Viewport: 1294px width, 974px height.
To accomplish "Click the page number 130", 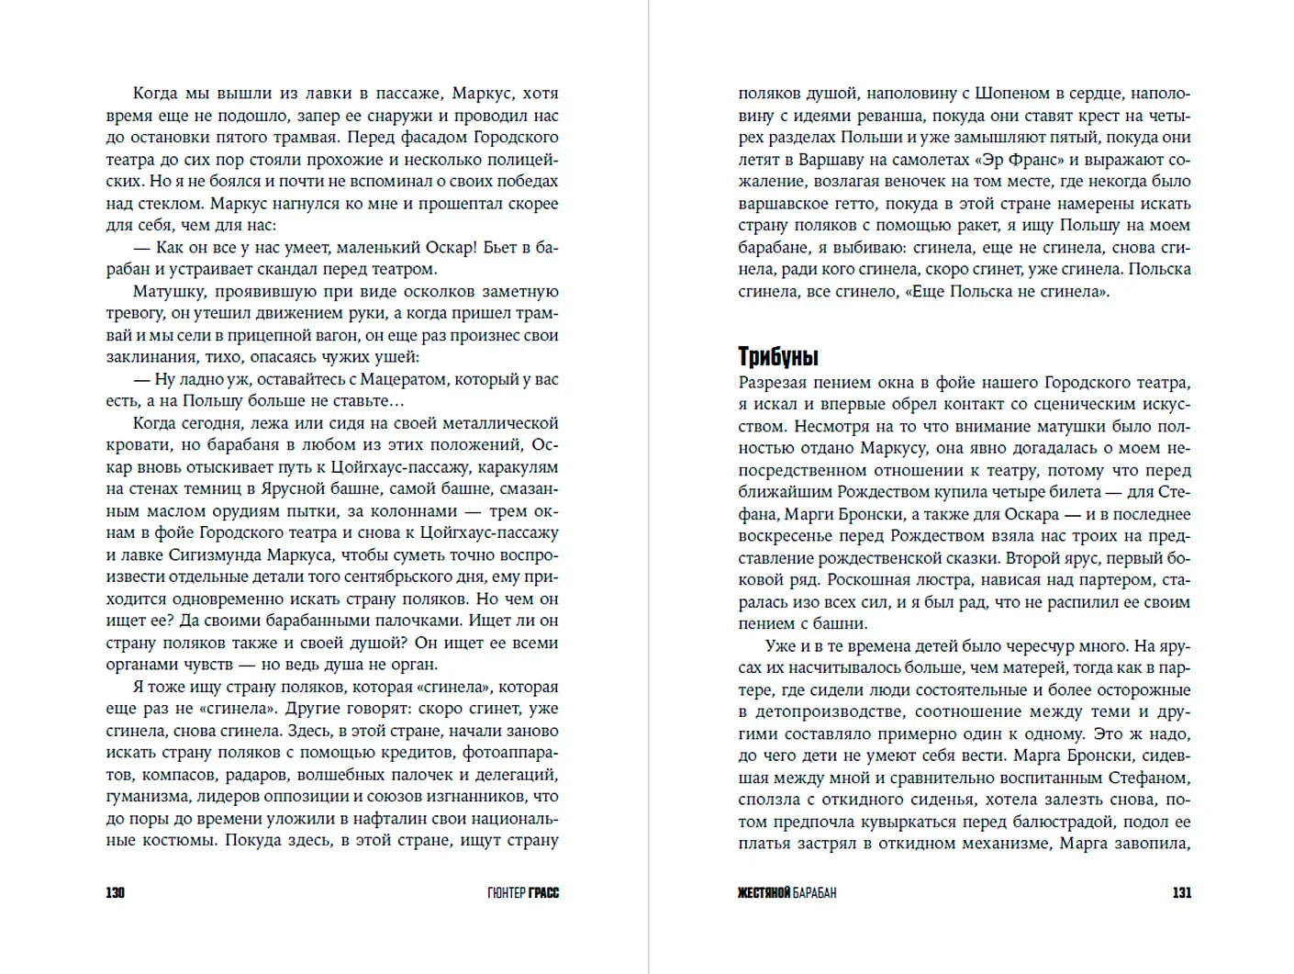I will pyautogui.click(x=115, y=892).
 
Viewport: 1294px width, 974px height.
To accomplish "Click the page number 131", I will pyautogui.click(x=1181, y=892).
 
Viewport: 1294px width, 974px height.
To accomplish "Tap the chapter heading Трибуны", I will pyautogui.click(x=778, y=357).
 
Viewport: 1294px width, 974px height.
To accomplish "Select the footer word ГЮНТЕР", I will pyautogui.click(x=506, y=892).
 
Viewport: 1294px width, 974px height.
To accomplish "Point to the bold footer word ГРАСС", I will pyautogui.click(x=544, y=892).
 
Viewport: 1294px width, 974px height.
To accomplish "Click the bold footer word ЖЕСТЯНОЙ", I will pyautogui.click(x=764, y=892).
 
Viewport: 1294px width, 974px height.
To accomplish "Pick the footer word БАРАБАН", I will pyautogui.click(x=815, y=892).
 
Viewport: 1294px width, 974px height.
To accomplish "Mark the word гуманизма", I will pyautogui.click(x=145, y=797).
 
